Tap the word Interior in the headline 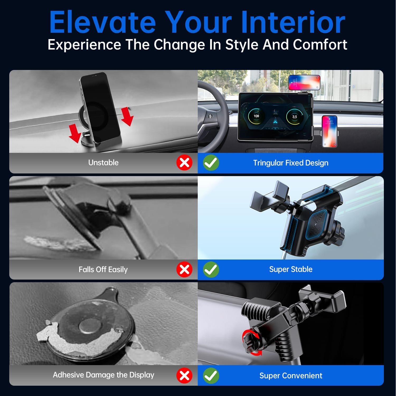pos(293,22)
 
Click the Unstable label pos(103,163)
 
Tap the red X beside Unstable pos(184,163)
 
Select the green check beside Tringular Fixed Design pos(211,163)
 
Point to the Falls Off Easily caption pos(103,270)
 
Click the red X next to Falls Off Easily pos(184,270)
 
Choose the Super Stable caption pos(291,269)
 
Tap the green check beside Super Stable pos(211,270)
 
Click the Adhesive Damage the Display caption pos(103,375)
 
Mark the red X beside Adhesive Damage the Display pos(184,375)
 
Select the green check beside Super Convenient pos(211,375)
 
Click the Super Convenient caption pos(291,375)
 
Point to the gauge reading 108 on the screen pos(256,116)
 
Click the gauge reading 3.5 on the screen pos(295,116)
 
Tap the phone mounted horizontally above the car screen pos(304,82)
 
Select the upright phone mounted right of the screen pos(329,131)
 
